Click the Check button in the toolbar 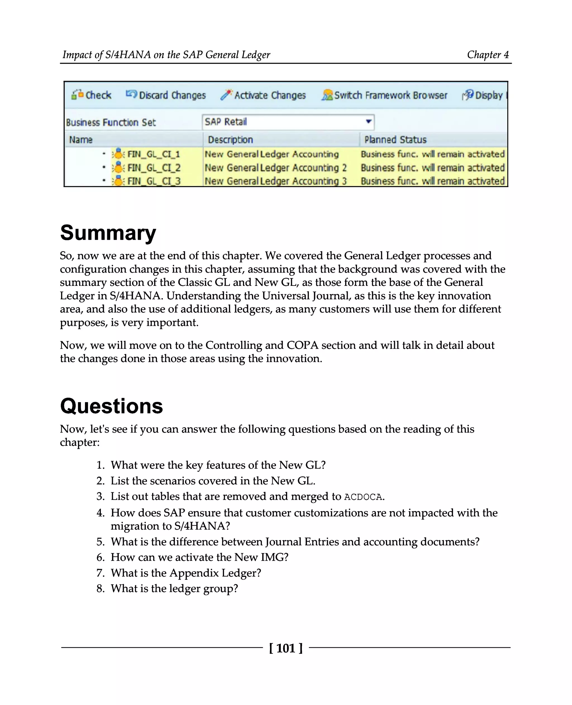pos(92,95)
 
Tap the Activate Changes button pos(263,95)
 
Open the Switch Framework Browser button pos(384,95)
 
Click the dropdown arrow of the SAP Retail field pos(369,121)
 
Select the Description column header pos(230,140)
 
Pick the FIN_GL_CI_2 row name pos(154,168)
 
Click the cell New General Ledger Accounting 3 pos(275,181)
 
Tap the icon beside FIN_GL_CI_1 pos(118,154)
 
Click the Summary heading pos(108,233)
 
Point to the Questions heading pos(111,406)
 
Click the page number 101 pos(286,648)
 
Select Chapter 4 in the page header pos(488,55)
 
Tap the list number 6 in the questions pos(100,557)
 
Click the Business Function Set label pos(111,123)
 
